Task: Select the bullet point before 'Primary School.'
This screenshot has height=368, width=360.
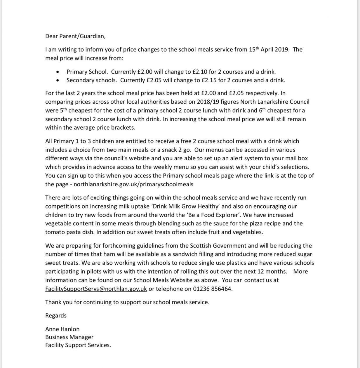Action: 59,72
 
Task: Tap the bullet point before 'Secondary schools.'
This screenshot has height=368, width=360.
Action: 59,80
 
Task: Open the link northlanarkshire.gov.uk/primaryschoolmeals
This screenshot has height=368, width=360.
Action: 133,184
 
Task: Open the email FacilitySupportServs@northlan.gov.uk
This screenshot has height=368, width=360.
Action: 96,289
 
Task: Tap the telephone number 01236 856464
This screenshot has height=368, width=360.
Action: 213,289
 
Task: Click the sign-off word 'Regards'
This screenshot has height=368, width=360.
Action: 56,315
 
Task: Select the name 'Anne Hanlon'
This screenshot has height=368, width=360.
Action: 62,329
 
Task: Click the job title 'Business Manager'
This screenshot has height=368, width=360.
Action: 69,337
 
